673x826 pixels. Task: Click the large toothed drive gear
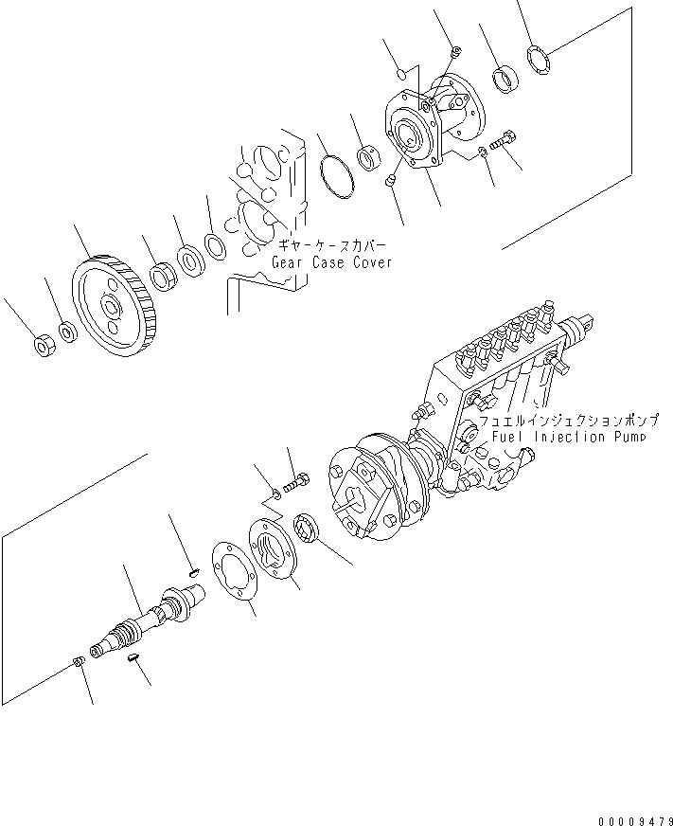click(115, 306)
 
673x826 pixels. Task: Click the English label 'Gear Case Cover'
click(331, 262)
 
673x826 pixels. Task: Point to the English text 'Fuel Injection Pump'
click(569, 437)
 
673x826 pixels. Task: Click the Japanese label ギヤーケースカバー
click(331, 245)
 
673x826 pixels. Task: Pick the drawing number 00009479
click(635, 820)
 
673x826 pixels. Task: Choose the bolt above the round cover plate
click(296, 482)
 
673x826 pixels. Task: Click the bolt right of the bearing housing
click(503, 140)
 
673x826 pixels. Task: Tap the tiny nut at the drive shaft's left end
click(77, 661)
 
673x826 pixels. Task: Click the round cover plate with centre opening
click(272, 548)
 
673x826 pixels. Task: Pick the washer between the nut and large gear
click(67, 332)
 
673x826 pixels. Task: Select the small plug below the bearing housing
click(390, 181)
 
